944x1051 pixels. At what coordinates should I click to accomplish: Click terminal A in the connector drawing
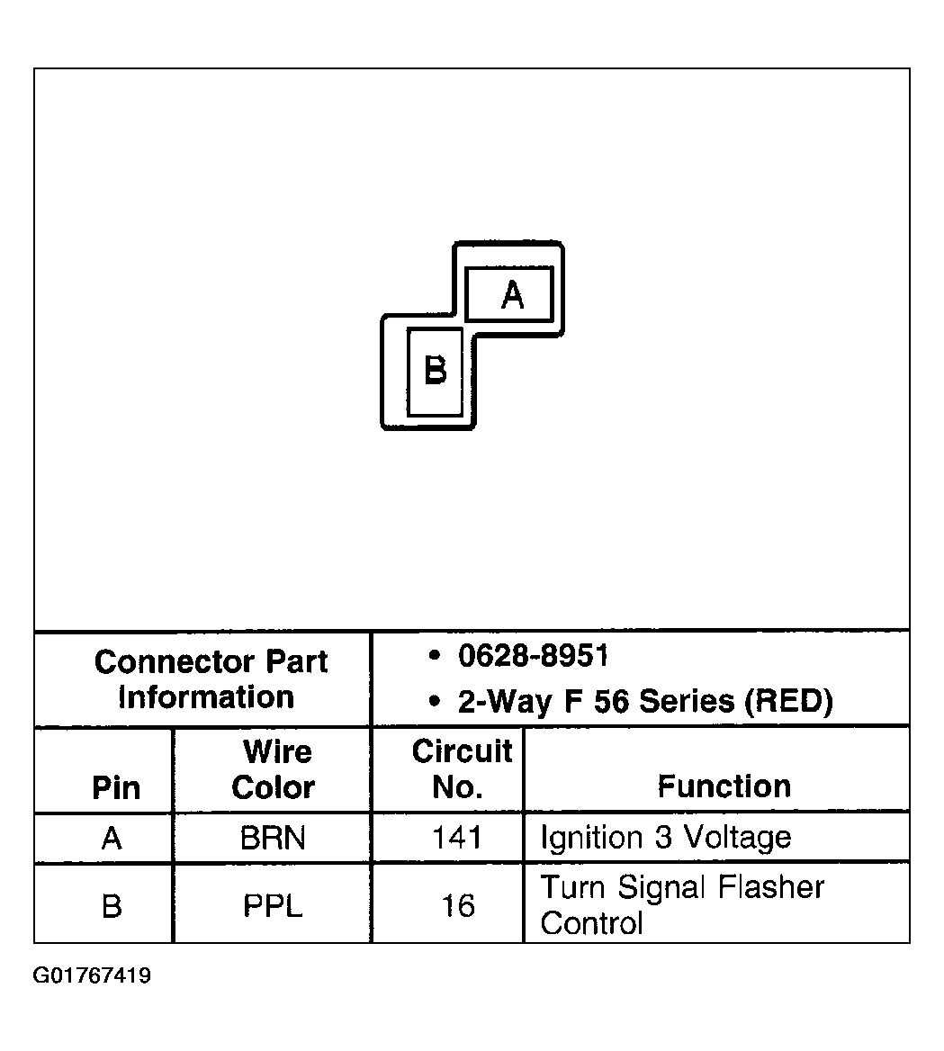coord(509,293)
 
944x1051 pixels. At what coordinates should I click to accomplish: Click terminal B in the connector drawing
coord(436,371)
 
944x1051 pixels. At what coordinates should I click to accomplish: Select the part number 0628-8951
coord(533,656)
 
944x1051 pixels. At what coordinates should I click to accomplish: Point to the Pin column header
coord(116,787)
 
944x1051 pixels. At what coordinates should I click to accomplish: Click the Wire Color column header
coord(274,769)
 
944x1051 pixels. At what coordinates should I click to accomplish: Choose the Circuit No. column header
coord(461,769)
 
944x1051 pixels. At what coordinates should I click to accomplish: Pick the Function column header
coord(724,786)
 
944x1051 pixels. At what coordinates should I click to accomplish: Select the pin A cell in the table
coord(112,839)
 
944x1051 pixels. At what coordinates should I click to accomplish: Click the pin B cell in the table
coord(112,905)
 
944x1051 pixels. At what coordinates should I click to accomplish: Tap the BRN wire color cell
coord(273,839)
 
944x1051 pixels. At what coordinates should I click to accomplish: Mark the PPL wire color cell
coord(273,905)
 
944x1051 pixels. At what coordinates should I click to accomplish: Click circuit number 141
coord(457,839)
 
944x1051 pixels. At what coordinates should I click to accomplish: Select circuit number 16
coord(457,905)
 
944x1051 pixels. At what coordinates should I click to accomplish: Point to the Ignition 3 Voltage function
coord(665,838)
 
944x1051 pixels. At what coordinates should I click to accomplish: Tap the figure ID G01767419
coord(93,976)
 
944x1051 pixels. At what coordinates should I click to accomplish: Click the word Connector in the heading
coord(165,662)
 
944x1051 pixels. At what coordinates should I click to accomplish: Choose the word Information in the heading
coord(206,697)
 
